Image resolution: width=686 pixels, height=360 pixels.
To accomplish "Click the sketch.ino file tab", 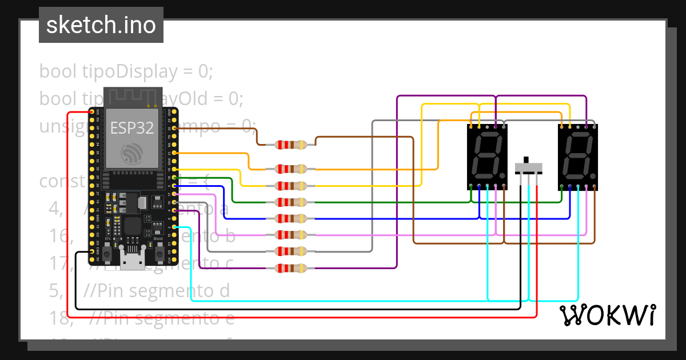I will coord(101,25).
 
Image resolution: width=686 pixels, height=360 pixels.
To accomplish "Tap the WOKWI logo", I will coord(607,315).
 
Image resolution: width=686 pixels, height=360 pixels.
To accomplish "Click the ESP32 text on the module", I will coord(132,128).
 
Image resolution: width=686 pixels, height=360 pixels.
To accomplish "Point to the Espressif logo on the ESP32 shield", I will coord(132,153).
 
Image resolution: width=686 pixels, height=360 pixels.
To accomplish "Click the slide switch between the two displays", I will coord(529,167).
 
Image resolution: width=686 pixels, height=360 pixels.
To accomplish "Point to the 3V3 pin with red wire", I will coord(92,112).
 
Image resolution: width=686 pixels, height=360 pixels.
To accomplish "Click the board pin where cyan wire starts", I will coord(174,227).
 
